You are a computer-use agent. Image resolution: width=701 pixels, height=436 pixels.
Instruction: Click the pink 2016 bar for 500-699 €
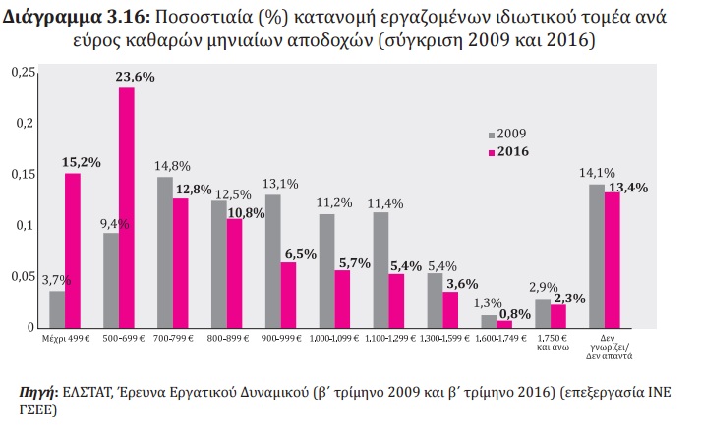127,208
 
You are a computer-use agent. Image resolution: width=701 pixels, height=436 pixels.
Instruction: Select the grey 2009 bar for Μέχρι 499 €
57,309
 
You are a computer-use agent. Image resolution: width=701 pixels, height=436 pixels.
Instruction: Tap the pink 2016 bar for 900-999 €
288,296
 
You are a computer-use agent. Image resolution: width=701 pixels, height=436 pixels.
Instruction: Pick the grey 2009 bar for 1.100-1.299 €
380,270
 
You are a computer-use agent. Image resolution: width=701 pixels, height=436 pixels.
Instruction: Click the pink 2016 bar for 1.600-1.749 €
504,325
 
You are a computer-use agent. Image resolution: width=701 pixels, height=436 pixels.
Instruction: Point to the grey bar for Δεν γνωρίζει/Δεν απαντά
597,256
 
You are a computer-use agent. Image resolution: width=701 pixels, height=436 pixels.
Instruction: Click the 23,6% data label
135,77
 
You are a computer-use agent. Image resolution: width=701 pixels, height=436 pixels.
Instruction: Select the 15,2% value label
81,163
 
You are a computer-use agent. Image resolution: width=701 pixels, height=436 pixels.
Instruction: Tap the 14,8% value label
173,166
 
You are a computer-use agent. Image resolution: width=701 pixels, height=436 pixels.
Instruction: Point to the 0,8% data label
515,314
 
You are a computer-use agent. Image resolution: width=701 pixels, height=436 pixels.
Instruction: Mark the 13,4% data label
628,188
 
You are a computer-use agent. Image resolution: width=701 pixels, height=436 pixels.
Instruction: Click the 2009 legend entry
507,134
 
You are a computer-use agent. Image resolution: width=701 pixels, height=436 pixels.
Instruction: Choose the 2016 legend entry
508,152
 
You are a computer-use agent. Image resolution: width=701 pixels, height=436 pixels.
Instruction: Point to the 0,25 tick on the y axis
24,72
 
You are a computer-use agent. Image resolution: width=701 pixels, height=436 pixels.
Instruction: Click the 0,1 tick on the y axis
26,225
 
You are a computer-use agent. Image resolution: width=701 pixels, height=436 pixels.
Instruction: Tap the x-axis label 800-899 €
228,339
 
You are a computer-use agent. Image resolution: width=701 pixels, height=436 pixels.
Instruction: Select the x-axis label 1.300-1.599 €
444,339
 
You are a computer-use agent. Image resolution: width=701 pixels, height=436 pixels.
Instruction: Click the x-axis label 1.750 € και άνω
553,342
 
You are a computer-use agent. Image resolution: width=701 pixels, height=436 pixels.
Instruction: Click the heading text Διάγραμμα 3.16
77,18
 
